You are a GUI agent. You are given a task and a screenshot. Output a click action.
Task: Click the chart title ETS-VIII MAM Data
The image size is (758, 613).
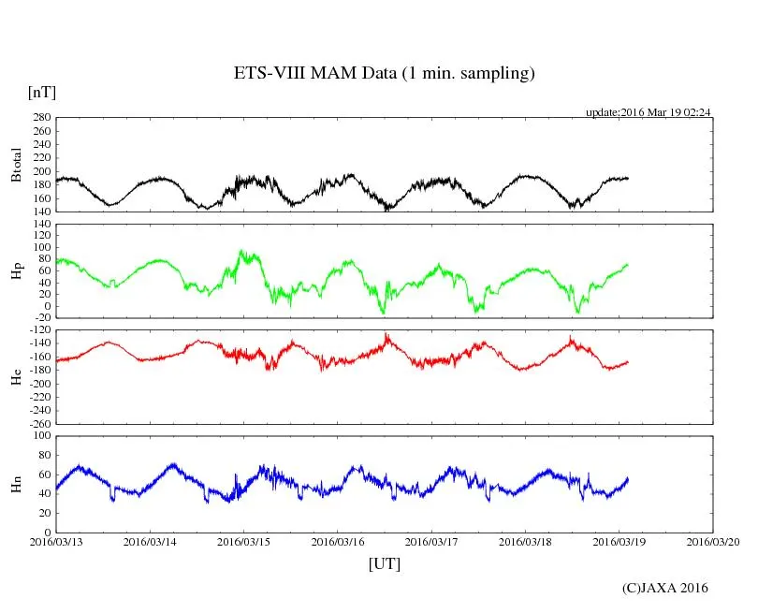tap(384, 74)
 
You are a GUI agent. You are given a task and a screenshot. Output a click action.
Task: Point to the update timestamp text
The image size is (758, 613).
tap(649, 112)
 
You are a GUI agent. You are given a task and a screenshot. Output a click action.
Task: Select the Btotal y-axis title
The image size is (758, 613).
tap(16, 165)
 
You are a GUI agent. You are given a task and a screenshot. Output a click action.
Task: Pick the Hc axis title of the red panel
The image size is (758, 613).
tap(16, 376)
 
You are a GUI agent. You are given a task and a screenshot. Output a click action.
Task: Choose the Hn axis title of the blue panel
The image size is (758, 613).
tap(16, 484)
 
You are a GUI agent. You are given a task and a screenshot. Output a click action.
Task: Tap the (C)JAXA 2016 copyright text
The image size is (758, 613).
tap(665, 588)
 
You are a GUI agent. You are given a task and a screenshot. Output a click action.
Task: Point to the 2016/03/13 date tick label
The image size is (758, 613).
tap(56, 542)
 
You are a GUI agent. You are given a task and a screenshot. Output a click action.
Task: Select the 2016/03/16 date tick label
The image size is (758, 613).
tap(337, 542)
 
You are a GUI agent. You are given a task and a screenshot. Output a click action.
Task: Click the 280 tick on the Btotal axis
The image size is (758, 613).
tap(41, 118)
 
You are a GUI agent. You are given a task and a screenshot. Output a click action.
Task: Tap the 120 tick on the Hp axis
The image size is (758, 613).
tap(41, 226)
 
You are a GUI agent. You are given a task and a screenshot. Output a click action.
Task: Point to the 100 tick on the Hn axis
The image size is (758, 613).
tap(41, 436)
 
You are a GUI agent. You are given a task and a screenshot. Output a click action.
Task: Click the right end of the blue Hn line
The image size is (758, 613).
tap(628, 478)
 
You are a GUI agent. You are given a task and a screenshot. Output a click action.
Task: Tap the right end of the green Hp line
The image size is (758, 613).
tap(628, 265)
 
